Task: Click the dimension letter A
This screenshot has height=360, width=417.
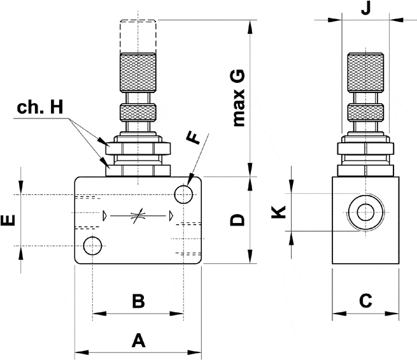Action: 138,340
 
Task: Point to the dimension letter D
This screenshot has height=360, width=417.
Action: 237,220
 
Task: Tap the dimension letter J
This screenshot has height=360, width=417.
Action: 365,9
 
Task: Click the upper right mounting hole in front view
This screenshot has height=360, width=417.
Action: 183,193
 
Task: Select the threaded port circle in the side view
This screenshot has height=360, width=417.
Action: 365,212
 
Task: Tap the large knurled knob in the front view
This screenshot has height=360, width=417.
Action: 138,73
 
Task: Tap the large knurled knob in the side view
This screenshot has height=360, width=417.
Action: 365,73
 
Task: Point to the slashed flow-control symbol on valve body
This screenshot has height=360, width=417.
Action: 136,217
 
